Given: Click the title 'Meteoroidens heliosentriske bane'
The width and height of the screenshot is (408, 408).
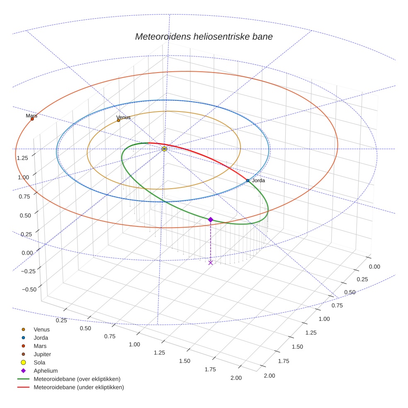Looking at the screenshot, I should pyautogui.click(x=204, y=36).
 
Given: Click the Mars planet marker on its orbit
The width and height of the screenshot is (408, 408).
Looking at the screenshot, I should pyautogui.click(x=32, y=119).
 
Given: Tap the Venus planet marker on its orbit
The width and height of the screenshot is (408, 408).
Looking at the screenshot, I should pyautogui.click(x=119, y=120).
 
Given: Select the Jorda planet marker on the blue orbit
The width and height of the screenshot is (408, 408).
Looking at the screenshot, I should pyautogui.click(x=248, y=180).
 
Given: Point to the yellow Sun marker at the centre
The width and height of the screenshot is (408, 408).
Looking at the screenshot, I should pyautogui.click(x=164, y=148).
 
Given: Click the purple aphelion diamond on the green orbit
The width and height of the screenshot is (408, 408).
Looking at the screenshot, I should pyautogui.click(x=211, y=219).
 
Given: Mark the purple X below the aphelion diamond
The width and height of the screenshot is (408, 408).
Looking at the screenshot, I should pyautogui.click(x=211, y=262).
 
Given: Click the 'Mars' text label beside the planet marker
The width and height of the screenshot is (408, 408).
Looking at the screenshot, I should pyautogui.click(x=32, y=116).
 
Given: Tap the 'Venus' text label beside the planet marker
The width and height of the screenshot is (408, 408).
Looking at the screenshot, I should pyautogui.click(x=124, y=117).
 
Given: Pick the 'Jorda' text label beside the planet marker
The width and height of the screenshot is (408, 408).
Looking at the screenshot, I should pyautogui.click(x=258, y=180).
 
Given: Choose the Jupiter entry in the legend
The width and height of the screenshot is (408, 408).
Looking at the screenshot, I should pyautogui.click(x=42, y=354).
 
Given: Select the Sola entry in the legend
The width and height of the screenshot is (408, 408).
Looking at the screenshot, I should pyautogui.click(x=39, y=362).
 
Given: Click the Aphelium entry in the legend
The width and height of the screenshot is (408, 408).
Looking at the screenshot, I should pyautogui.click(x=45, y=371).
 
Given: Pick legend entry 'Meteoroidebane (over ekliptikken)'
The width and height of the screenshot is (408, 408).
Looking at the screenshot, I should pyautogui.click(x=77, y=379).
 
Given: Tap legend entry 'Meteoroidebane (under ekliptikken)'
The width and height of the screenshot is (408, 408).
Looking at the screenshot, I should pyautogui.click(x=78, y=387).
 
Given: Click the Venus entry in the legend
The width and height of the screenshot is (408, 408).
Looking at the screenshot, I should pyautogui.click(x=41, y=329).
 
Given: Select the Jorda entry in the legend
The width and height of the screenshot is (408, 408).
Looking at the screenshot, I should pyautogui.click(x=41, y=338).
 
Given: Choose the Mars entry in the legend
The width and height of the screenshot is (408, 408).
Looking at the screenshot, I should pyautogui.click(x=40, y=346).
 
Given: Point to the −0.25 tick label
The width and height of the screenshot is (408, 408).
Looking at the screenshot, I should pyautogui.click(x=26, y=271).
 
